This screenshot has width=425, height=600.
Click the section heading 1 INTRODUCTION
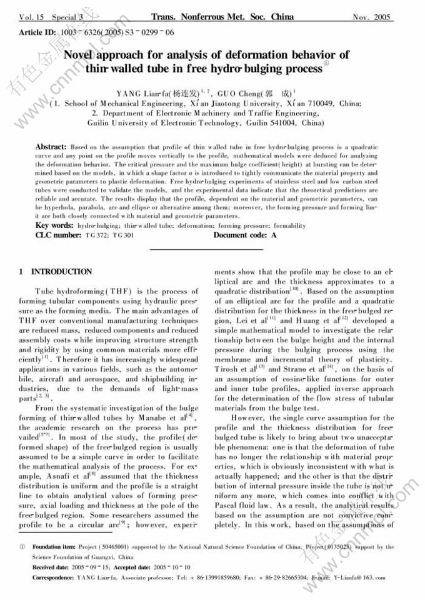[56, 272]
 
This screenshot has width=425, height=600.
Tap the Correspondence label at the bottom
[53, 578]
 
